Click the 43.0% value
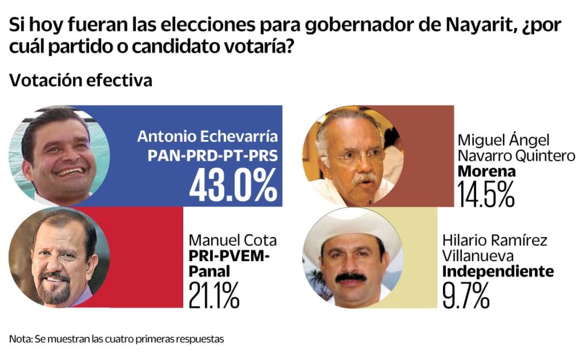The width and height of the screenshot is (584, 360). click(233, 186)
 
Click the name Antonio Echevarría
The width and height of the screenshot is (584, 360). click(207, 136)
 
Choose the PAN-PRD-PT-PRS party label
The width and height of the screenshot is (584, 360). click(212, 156)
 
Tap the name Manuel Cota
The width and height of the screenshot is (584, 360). click(232, 241)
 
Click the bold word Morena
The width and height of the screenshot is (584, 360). click(486, 172)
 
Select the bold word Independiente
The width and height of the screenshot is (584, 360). click(498, 271)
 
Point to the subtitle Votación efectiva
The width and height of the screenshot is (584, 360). click(80, 81)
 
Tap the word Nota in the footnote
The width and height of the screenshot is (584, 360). click(20, 339)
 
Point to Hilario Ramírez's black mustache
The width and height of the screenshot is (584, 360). click(351, 277)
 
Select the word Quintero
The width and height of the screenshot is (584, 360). click(546, 156)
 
